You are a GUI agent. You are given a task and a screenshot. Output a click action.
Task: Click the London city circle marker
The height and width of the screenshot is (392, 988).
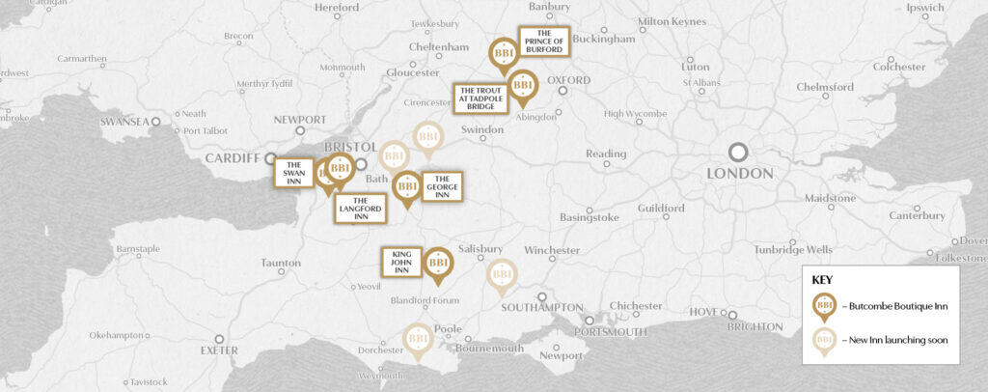coord(738,153)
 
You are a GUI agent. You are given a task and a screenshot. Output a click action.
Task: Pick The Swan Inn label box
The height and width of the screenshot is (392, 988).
coord(294,173)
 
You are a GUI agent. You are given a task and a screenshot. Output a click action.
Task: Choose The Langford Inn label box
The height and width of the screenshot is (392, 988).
coord(355,209)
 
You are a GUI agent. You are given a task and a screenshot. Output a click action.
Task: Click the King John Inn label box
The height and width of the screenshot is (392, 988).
coord(400,263)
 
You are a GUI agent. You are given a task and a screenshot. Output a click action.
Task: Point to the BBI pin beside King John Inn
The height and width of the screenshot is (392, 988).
coord(439,264)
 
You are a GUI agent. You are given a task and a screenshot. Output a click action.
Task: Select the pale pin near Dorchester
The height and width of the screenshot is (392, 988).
coord(418,340)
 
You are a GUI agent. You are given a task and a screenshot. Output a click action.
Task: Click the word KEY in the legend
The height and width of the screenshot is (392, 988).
coord(821,280)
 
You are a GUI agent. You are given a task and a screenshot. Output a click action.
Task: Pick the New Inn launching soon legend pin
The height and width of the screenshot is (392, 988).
coord(825,340)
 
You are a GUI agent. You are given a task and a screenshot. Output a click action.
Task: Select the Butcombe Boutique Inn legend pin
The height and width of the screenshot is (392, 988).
coord(825,306)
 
